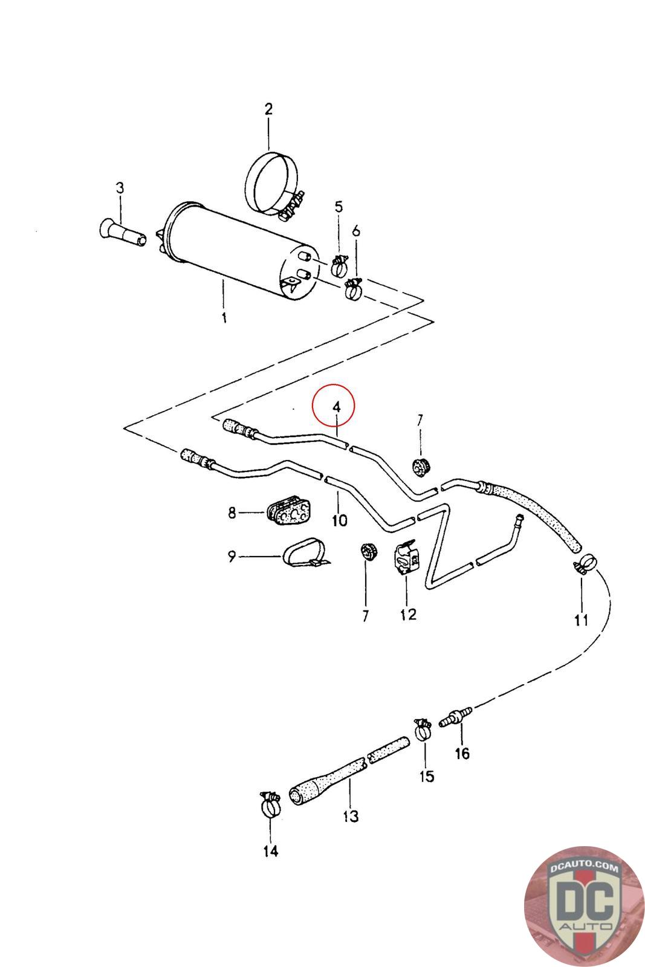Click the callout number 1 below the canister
(x=224, y=317)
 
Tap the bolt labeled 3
(x=121, y=233)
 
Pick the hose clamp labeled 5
(x=340, y=264)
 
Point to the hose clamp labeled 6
(x=353, y=289)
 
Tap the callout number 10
(x=339, y=519)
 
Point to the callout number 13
(x=351, y=817)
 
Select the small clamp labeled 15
(x=424, y=729)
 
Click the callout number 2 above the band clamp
(x=268, y=109)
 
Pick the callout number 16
(x=462, y=754)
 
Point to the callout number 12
(x=408, y=615)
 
